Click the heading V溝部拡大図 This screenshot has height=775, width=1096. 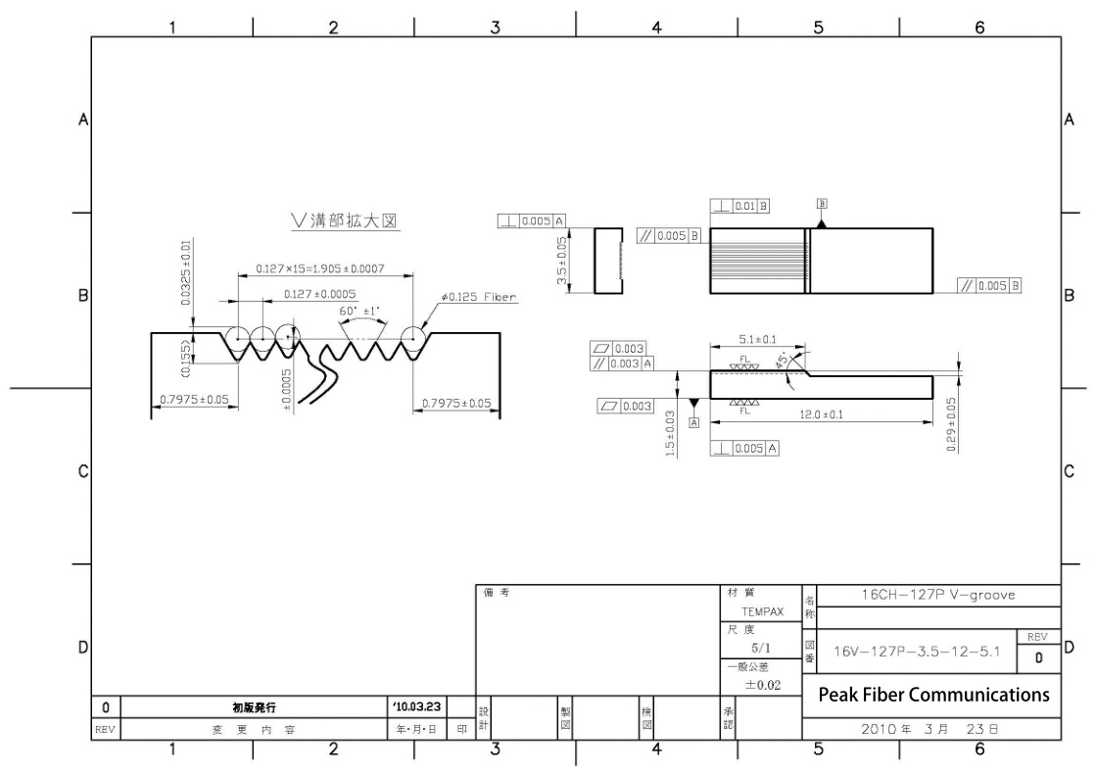pyautogui.click(x=346, y=222)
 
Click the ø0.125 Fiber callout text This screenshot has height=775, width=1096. pyautogui.click(x=479, y=297)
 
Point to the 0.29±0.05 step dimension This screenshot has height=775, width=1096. pyautogui.click(x=953, y=421)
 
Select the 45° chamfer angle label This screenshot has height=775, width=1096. pyautogui.click(x=782, y=361)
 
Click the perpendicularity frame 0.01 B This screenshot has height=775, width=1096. pyautogui.click(x=740, y=207)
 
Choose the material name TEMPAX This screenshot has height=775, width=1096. pyautogui.click(x=760, y=612)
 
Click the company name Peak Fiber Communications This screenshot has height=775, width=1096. pyautogui.click(x=931, y=696)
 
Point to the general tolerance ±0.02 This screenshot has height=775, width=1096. pyautogui.click(x=760, y=685)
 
